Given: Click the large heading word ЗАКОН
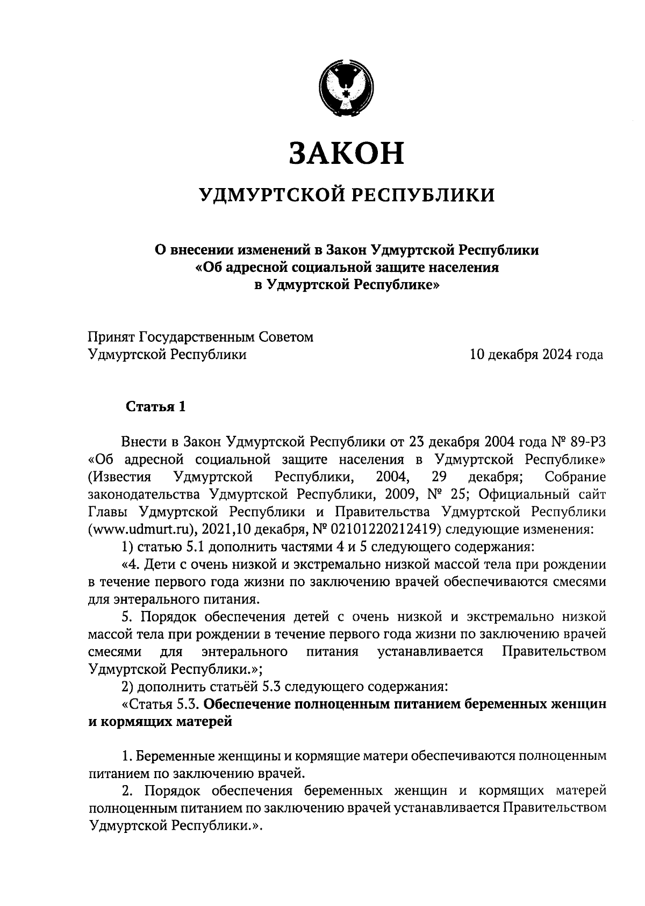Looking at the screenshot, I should tap(347, 153).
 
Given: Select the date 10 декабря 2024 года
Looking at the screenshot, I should tap(536, 355).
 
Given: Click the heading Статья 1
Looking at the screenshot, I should tap(156, 407).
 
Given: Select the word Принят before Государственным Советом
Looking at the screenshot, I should tap(112, 337).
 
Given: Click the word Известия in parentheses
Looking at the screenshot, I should tap(119, 477).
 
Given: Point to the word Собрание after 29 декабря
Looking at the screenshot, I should tap(575, 477).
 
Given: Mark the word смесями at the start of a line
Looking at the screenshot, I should tap(114, 652).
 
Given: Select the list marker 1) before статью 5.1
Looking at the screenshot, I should tap(128, 547).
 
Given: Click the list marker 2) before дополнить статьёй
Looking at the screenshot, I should tap(128, 687).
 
